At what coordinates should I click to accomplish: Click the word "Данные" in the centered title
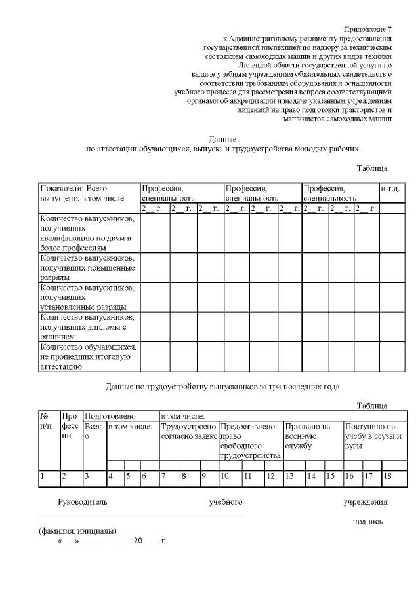(222, 139)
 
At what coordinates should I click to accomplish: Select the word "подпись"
(367, 522)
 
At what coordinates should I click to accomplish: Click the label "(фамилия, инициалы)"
(77, 531)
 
